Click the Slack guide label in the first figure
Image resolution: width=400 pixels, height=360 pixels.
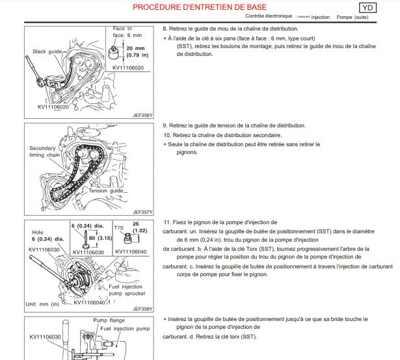[47, 51]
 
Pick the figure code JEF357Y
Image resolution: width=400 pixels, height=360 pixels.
[142, 211]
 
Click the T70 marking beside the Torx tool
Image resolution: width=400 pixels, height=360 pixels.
[119, 228]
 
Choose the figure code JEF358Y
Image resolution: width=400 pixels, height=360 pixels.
[142, 309]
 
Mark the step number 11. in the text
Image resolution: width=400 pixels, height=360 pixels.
[167, 222]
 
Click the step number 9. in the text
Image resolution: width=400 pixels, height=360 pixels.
[165, 125]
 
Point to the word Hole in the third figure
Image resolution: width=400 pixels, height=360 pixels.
[38, 231]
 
